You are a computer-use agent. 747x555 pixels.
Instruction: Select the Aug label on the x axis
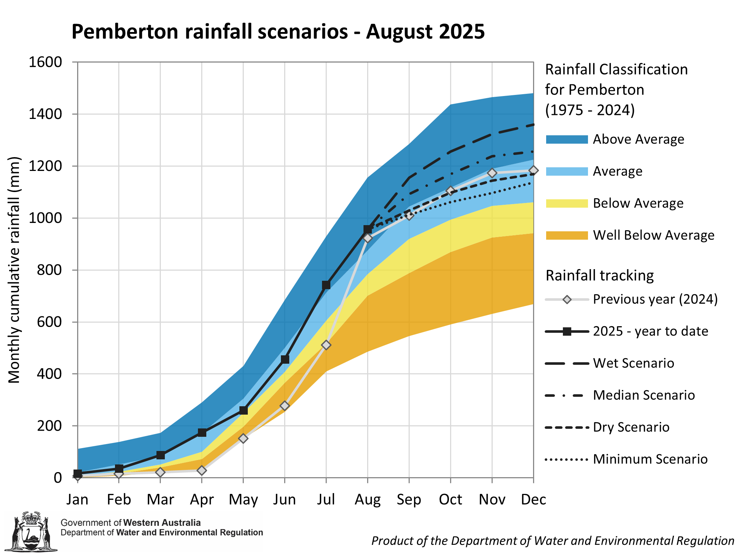click(367, 499)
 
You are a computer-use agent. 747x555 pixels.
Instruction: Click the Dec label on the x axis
click(533, 499)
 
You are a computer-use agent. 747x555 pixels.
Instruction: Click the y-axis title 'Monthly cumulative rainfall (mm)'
click(15, 270)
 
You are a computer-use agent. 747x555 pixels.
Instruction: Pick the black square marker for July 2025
click(326, 285)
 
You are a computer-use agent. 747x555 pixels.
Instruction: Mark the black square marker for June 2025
click(285, 359)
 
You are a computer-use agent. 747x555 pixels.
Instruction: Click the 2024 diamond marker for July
click(326, 345)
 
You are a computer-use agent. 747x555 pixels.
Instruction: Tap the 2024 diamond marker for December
click(533, 170)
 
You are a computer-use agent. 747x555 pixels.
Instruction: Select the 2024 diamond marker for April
click(202, 470)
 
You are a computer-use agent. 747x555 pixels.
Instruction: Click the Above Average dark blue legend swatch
click(567, 140)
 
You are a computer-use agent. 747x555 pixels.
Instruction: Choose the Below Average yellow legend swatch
click(567, 204)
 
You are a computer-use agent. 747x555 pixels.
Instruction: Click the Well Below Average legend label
click(653, 235)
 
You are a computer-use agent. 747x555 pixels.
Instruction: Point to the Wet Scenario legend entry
click(633, 363)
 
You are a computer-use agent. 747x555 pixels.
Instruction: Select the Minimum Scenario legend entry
click(650, 459)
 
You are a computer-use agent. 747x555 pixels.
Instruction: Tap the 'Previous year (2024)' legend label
click(655, 299)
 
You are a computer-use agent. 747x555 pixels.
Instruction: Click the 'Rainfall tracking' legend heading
click(600, 276)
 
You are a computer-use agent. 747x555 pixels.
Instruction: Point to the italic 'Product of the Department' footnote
click(552, 541)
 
